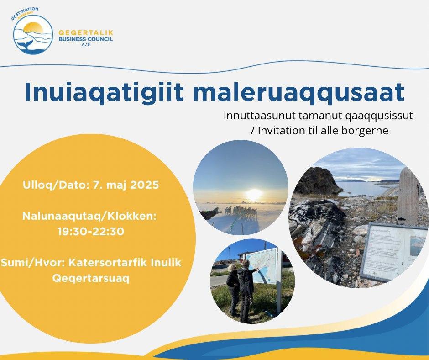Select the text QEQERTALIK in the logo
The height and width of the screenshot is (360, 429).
click(86, 33)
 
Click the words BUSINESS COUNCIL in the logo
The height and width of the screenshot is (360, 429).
click(86, 39)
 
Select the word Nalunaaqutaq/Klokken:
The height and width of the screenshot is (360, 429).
click(89, 216)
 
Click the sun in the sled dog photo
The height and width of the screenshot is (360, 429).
click(254, 193)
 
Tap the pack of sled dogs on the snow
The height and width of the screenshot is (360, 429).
click(241, 212)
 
